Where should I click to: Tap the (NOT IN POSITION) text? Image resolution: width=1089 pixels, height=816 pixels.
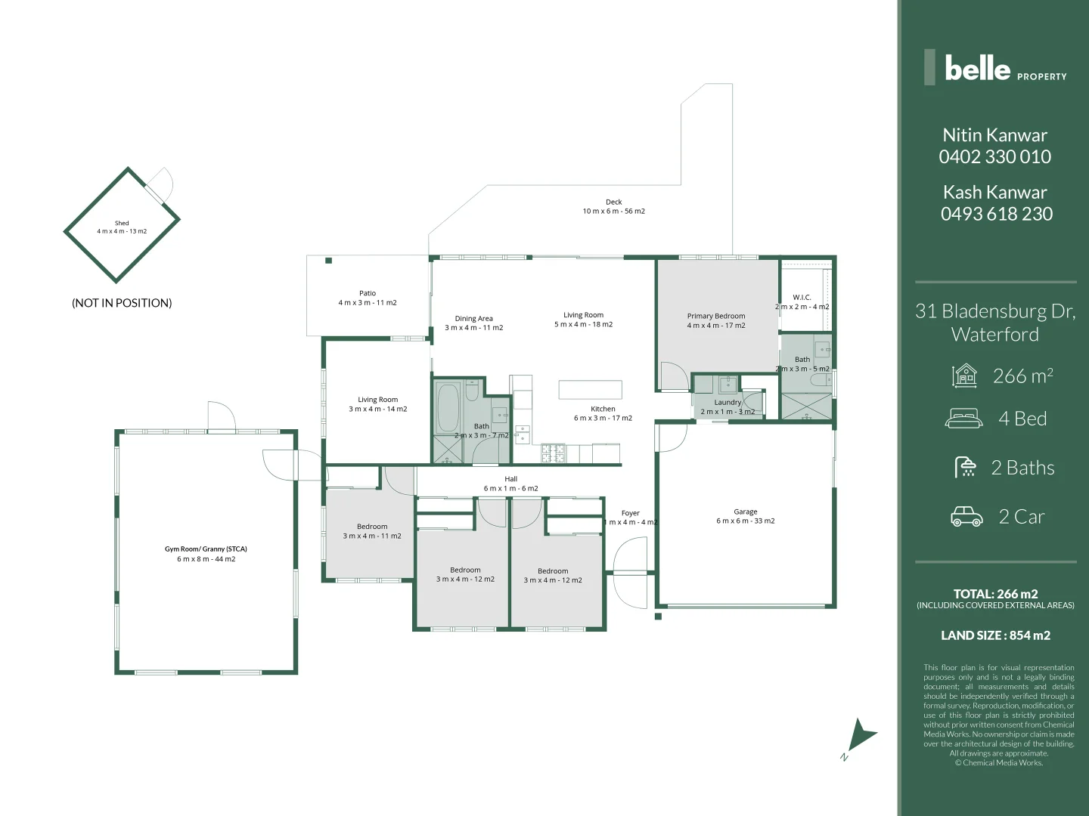click(x=122, y=303)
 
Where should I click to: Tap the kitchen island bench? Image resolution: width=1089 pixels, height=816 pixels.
click(x=590, y=390)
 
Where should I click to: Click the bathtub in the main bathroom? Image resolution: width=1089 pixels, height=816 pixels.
click(x=448, y=407)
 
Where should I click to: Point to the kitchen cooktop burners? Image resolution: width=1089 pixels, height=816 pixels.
click(x=553, y=453)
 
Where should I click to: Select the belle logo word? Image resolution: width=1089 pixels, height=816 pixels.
click(x=977, y=69)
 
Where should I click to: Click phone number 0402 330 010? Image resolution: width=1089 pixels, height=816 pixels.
click(x=995, y=157)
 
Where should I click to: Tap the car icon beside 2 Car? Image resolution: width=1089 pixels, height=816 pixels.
click(x=966, y=517)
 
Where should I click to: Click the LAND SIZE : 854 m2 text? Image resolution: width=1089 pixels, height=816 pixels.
click(x=995, y=635)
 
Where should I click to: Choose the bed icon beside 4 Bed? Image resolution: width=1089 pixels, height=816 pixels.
click(x=964, y=419)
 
